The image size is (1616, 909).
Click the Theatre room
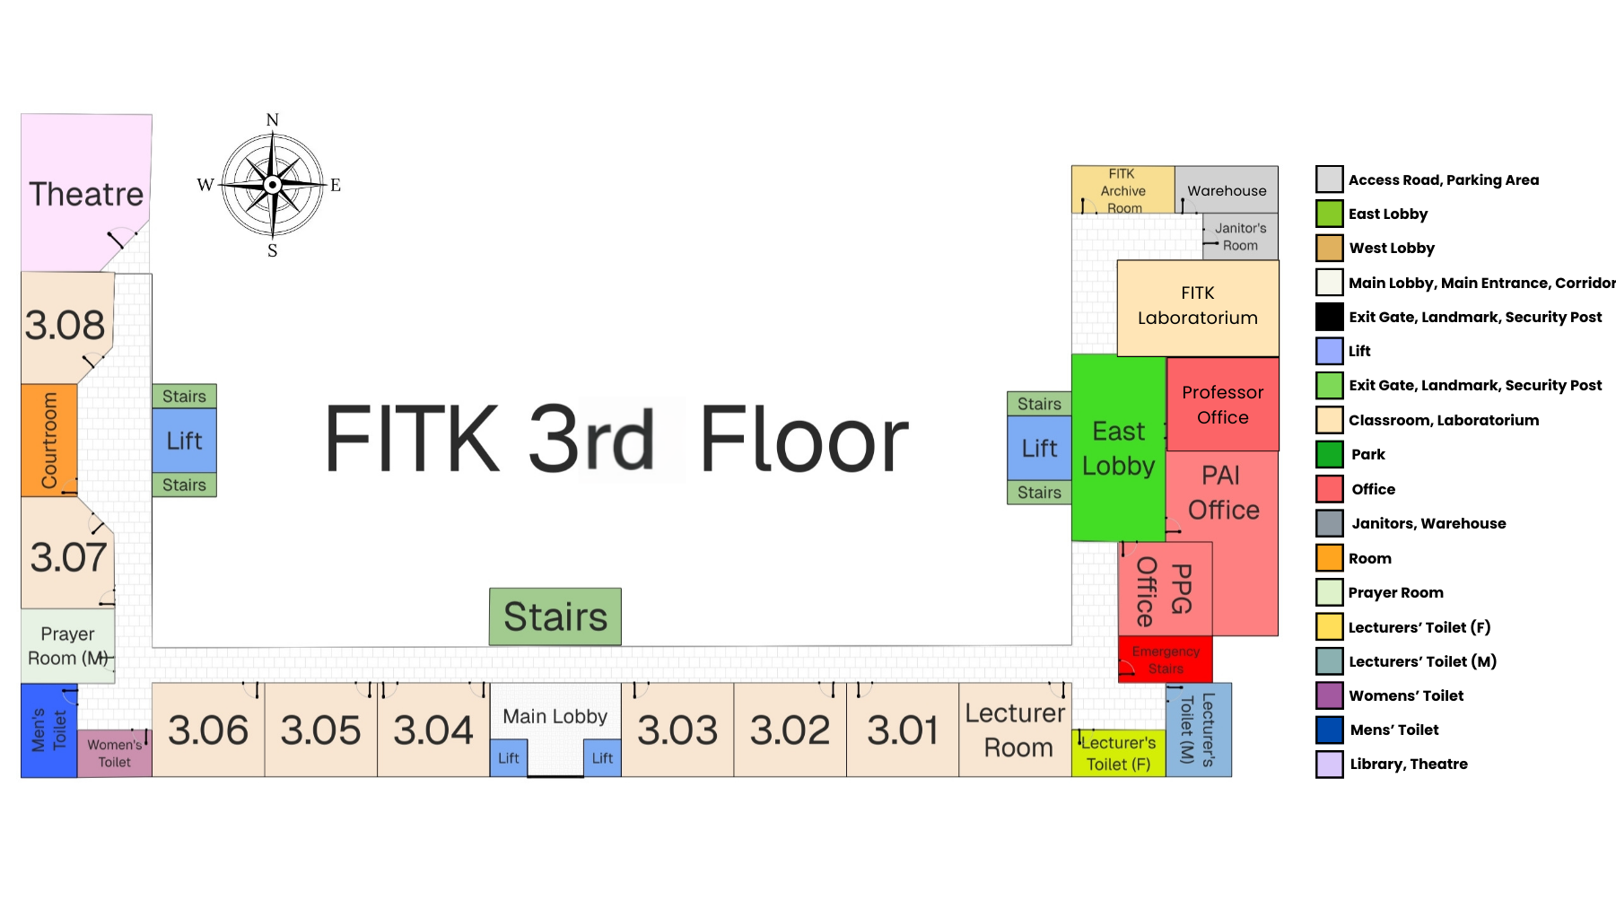[85, 192]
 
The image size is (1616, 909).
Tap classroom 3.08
[66, 326]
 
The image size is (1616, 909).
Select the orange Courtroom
[48, 440]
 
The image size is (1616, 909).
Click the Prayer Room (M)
[67, 646]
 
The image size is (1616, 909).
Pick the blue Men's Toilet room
[48, 730]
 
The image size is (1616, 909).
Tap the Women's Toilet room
[114, 753]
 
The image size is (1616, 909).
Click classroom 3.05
[320, 730]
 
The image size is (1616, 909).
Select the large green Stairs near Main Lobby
[555, 616]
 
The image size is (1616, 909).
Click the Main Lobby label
[555, 716]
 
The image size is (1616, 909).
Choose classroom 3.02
[790, 730]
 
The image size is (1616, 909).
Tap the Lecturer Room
[1015, 730]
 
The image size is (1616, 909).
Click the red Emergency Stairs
[1165, 660]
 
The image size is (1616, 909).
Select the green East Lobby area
[1118, 448]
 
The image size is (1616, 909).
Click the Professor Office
[1222, 405]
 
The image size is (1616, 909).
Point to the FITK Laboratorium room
[1197, 306]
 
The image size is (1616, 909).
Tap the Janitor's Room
[1240, 237]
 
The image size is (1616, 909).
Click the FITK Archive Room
[1122, 190]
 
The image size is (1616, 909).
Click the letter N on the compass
[273, 120]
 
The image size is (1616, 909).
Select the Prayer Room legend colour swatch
[1329, 592]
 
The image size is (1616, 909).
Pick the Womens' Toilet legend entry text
[1406, 695]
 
